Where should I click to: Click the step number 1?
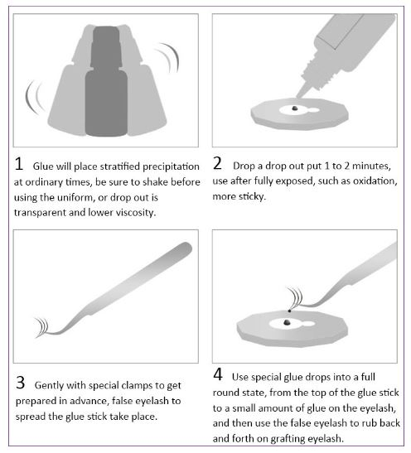19,163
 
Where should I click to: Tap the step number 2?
217,163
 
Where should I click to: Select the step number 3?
20,383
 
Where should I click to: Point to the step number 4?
218,374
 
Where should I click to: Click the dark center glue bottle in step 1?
106,81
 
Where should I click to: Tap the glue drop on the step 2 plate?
294,108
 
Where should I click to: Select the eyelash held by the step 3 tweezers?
42,327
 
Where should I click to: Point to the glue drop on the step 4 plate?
287,322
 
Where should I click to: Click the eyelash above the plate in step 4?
295,297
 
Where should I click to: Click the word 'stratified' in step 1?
119,166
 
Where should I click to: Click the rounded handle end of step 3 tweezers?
185,248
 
